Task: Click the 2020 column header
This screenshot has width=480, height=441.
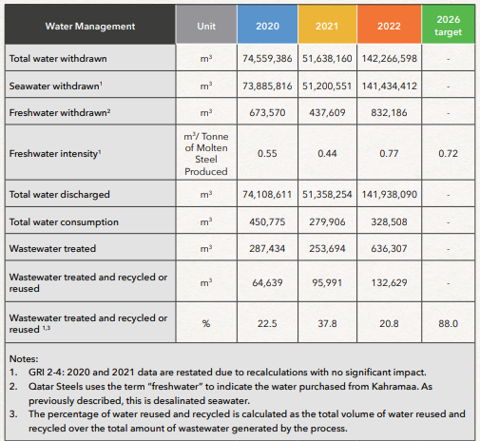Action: [267, 26]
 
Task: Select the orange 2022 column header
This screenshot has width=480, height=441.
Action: [389, 26]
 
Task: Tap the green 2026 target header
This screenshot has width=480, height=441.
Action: [448, 26]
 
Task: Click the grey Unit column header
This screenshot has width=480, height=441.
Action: [206, 26]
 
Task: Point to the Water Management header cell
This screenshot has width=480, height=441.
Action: [90, 26]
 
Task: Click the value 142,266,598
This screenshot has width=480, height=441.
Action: [390, 59]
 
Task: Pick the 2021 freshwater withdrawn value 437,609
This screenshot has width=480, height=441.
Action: [327, 112]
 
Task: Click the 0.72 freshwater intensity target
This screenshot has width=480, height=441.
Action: [448, 154]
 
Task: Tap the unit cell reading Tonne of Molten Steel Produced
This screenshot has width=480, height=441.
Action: [206, 154]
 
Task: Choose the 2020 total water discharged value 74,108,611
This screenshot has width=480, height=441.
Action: [267, 194]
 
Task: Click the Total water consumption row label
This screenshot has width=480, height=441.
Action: [64, 222]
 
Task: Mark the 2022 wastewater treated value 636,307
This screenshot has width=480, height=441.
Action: [389, 249]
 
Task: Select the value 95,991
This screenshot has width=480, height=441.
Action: [327, 282]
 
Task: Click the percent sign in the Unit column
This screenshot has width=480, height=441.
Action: [206, 323]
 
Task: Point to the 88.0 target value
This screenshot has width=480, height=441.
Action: [448, 323]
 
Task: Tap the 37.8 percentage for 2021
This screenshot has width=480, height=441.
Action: [327, 323]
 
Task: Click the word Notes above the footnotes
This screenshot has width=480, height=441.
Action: [24, 358]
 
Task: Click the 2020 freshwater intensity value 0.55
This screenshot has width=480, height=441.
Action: [267, 154]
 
